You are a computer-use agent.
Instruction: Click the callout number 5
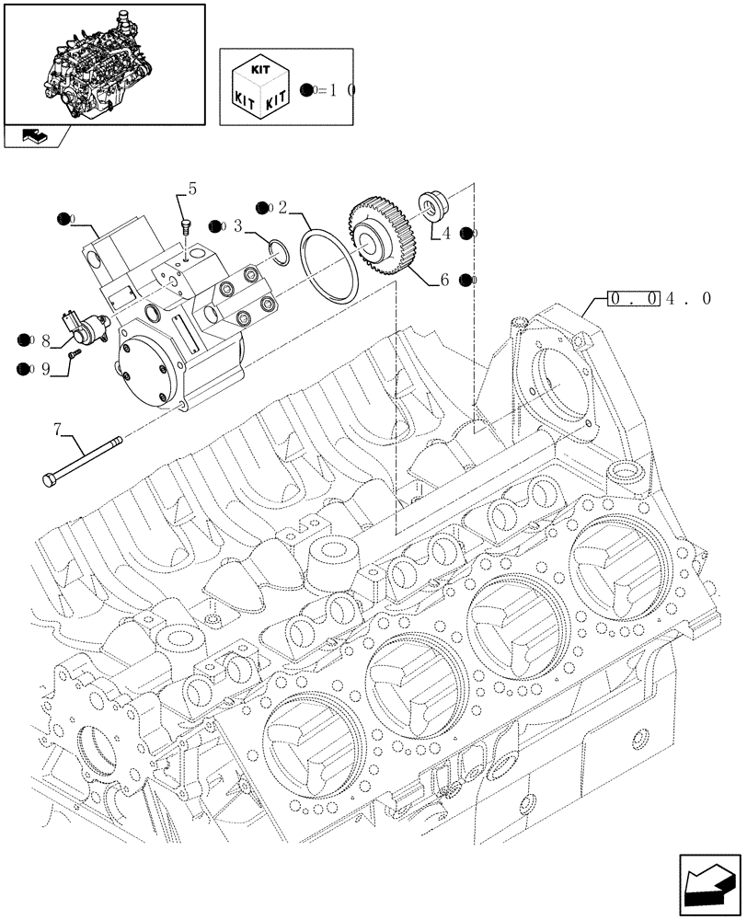click(x=191, y=190)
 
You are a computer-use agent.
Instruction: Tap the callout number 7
click(x=57, y=428)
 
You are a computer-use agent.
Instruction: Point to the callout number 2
click(x=283, y=207)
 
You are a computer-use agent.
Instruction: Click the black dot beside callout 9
click(x=22, y=369)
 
